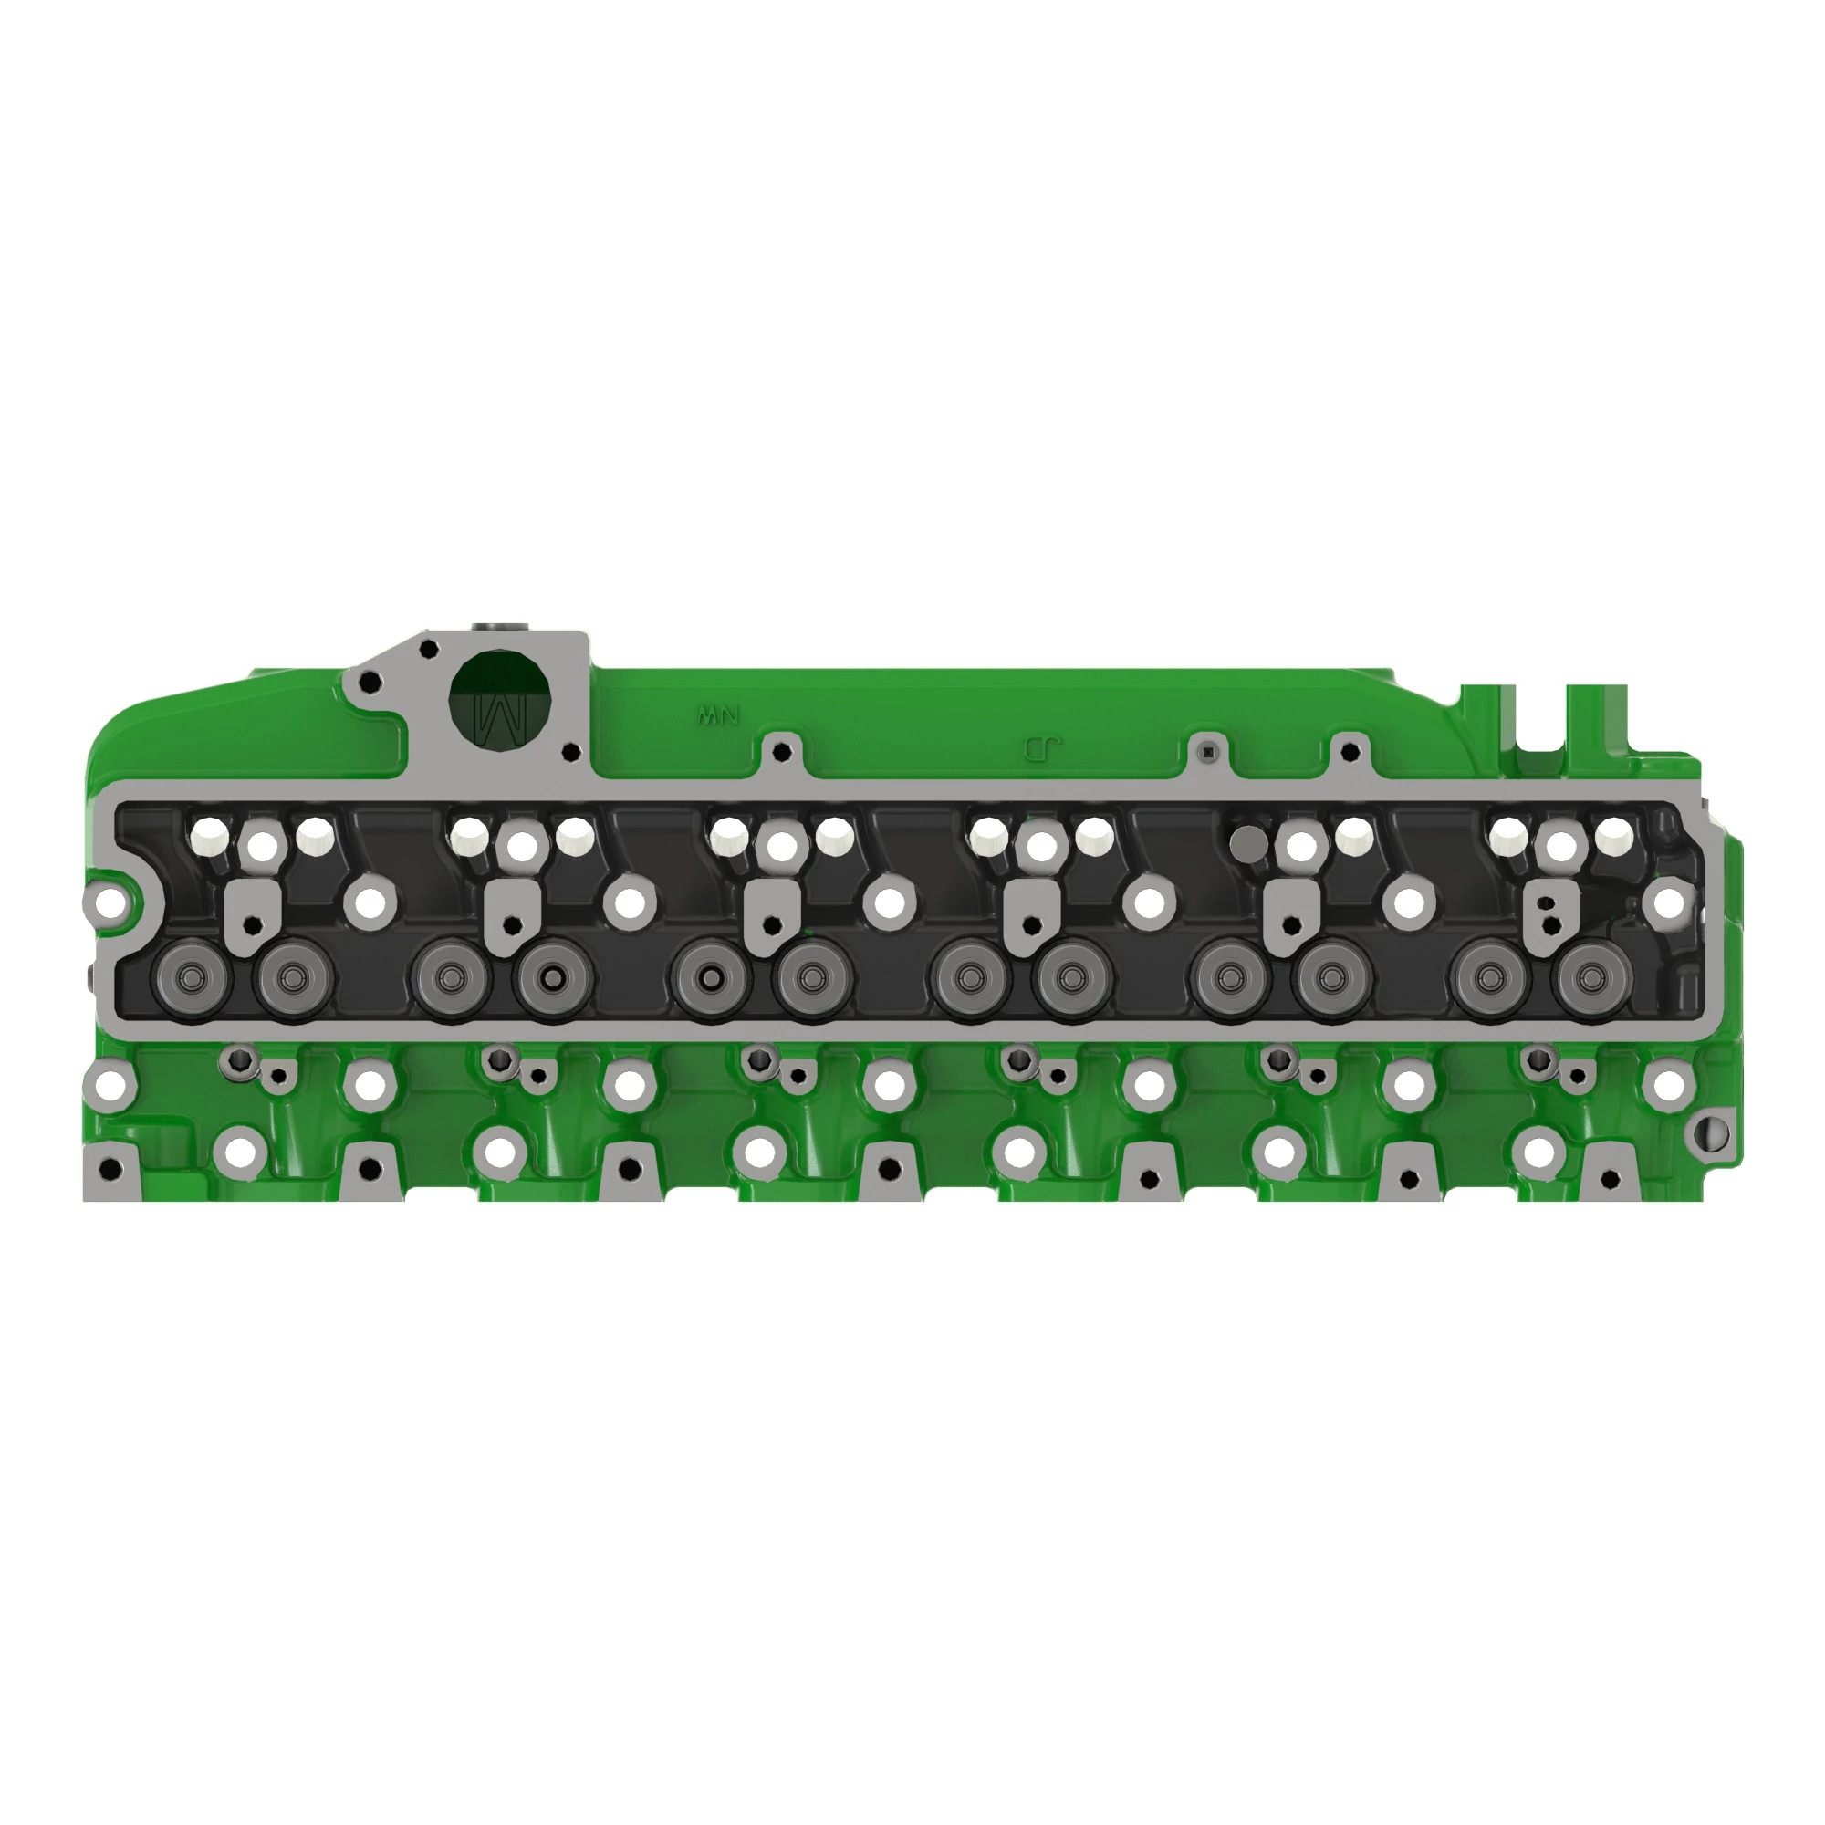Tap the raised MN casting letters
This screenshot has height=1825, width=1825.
[718, 715]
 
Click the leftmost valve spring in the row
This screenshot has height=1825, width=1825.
[194, 978]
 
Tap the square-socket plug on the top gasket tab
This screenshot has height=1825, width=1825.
[1207, 752]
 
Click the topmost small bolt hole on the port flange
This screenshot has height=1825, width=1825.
[428, 649]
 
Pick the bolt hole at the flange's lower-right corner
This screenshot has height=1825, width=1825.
[569, 753]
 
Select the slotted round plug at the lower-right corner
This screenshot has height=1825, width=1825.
[1714, 1133]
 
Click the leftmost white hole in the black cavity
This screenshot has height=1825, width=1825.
[210, 834]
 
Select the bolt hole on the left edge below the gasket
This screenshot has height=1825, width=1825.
[110, 1085]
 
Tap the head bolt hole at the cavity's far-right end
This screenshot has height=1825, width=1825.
[1668, 902]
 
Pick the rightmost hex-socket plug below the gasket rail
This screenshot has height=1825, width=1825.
[1538, 1058]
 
